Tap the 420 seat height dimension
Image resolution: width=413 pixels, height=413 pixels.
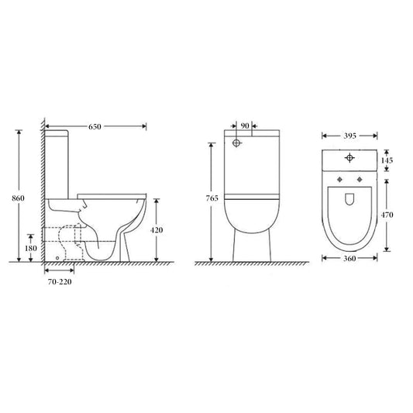pos(156,230)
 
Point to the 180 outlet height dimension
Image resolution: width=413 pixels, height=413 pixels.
pos(31,247)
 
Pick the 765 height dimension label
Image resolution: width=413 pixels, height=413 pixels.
pos(211,199)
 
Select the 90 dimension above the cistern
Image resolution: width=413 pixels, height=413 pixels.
pos(245,126)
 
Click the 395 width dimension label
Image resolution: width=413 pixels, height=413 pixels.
pos(350,135)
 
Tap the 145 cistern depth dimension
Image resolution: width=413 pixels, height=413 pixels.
pos(387,160)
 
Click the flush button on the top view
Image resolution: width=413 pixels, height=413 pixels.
pos(350,159)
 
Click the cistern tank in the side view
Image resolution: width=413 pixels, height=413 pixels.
pos(57,163)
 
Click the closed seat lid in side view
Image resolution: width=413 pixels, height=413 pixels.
pos(112,191)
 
